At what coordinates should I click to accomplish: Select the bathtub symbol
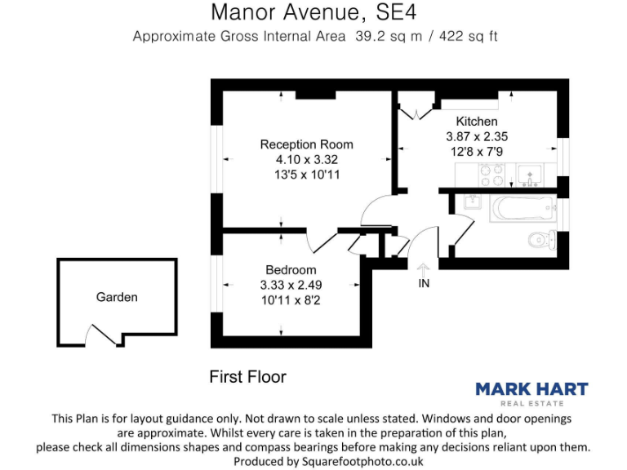tap(520, 209)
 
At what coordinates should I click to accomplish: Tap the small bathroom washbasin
tap(470, 202)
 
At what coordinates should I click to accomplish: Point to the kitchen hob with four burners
tap(491, 175)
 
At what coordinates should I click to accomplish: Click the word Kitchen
tap(477, 122)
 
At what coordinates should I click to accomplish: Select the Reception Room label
tap(306, 144)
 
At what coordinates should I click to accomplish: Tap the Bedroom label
tap(291, 270)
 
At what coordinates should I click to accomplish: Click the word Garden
tap(117, 297)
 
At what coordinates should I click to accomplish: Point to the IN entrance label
tap(424, 284)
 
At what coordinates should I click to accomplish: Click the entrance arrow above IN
tap(424, 268)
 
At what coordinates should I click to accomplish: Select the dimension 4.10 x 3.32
tap(306, 159)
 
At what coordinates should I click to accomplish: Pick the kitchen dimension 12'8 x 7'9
tap(477, 152)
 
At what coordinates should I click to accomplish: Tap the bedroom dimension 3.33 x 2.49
tap(291, 285)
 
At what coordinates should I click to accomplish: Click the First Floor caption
tap(248, 377)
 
